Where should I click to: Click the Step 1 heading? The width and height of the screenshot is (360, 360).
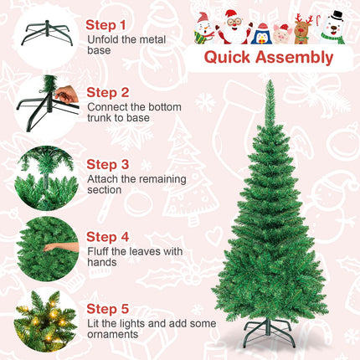point(107,26)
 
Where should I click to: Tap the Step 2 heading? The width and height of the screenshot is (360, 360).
point(107,93)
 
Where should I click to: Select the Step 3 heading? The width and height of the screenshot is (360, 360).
point(107,165)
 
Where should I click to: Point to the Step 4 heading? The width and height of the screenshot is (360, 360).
point(107,237)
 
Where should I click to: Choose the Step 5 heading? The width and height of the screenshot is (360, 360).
point(107,309)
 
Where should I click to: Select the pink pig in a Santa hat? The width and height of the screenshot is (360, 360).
point(282,33)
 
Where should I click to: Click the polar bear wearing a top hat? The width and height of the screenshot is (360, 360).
point(334,28)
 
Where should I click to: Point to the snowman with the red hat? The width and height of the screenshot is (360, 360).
point(205,28)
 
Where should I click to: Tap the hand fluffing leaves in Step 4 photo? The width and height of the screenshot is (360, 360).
point(58,246)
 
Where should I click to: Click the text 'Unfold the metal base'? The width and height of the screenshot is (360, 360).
point(126,46)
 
